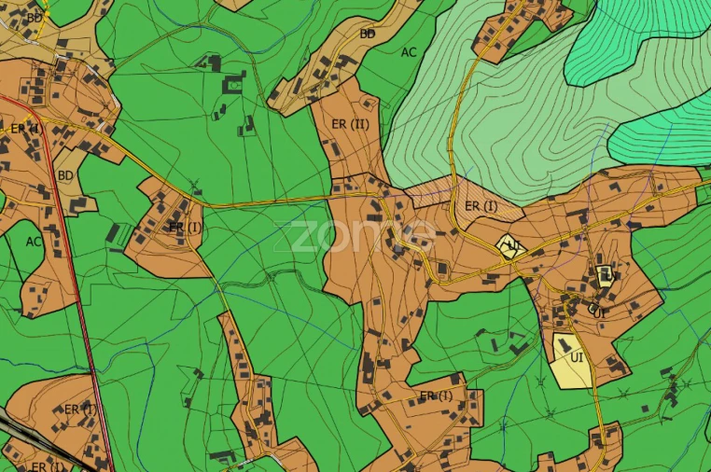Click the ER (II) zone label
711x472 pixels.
(351, 123)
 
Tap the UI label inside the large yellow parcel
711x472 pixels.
(577, 356)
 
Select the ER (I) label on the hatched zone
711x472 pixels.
(481, 206)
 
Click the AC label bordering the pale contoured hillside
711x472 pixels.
(409, 52)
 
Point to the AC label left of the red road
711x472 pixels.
(35, 241)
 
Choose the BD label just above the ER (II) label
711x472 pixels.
(368, 34)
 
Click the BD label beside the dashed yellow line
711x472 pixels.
(35, 17)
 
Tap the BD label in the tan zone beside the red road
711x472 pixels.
(65, 174)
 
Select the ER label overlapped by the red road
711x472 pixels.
(24, 128)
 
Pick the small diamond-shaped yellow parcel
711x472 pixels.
(510, 246)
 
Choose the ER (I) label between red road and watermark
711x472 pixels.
(184, 227)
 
